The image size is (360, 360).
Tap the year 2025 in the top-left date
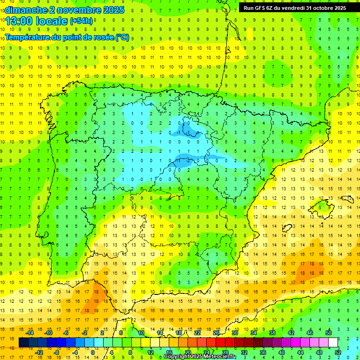click(x=113, y=10)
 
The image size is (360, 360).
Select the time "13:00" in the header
click(x=21, y=21)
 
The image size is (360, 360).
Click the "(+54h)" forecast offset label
click(x=81, y=21)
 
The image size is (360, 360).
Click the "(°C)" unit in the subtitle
click(x=122, y=37)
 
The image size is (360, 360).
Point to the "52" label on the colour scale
click(x=338, y=352)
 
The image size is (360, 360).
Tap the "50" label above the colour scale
click(x=329, y=332)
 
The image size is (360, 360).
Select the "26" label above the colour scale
click(x=216, y=332)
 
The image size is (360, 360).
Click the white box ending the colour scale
click(x=333, y=343)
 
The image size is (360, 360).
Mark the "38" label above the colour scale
click(x=272, y=332)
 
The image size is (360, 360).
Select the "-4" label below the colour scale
click(x=75, y=352)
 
